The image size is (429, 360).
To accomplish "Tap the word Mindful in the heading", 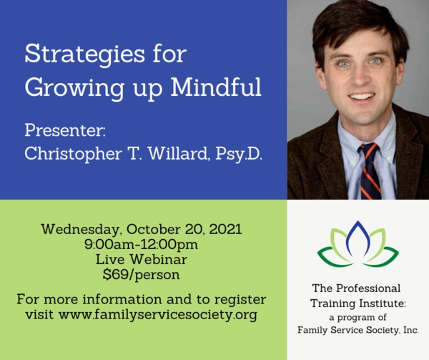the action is tap(216, 87).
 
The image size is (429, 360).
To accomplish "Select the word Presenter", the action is tap(64, 130).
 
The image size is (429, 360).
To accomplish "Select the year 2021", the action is tap(226, 229).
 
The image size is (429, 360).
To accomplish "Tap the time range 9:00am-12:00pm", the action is tap(141, 245).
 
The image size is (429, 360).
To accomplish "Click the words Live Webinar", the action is tap(141, 259).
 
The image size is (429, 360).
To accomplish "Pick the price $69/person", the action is tap(141, 275).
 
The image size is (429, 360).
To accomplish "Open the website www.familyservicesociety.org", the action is tap(158, 315).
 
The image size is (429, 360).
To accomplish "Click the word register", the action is tap(240, 300).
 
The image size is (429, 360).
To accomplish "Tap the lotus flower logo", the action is tap(358, 243).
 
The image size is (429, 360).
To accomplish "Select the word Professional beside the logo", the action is tap(368, 288).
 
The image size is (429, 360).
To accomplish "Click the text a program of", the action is tap(358, 318).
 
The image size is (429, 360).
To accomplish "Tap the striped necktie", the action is tap(370, 171).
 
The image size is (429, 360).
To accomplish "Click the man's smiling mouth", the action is tap(362, 97).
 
